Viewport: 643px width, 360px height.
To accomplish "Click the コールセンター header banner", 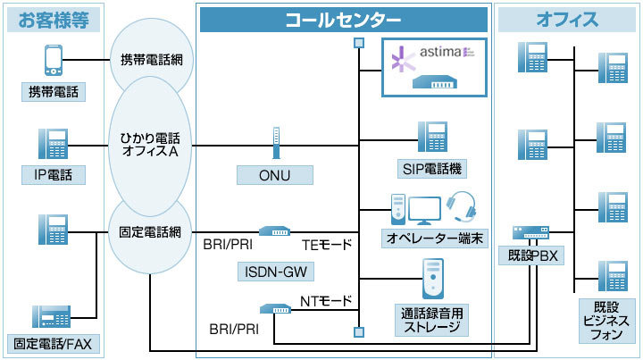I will pos(343,20).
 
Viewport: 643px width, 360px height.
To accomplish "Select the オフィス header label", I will pos(567,20).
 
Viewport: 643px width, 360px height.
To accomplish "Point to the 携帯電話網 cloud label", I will pos(151,61).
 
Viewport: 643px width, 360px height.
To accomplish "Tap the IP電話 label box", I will pos(54,173).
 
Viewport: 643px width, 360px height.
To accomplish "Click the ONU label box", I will pos(276,174).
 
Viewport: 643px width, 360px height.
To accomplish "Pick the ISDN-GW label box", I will pos(276,269).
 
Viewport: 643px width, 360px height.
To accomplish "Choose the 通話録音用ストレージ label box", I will pos(433,319).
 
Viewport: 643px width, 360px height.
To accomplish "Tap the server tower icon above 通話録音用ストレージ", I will pos(433,279).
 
